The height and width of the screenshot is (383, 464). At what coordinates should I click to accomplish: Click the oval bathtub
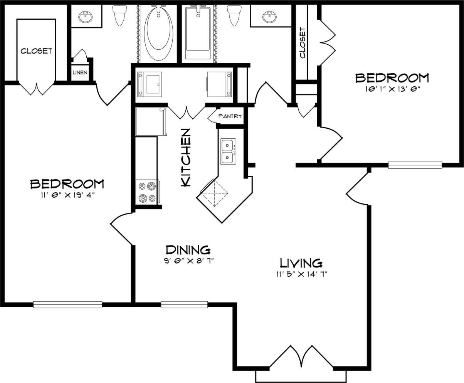(158, 33)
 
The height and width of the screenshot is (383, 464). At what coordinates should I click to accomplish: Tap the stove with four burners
(147, 192)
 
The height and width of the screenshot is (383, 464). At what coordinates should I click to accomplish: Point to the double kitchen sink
(228, 151)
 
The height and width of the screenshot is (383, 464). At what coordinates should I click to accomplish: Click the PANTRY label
(230, 116)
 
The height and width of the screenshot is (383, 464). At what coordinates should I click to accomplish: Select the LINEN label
(80, 72)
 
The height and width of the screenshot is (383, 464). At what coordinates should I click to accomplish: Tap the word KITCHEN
(186, 158)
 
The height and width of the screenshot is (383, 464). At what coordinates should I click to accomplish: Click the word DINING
(188, 250)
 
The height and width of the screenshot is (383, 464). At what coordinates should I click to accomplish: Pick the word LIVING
(301, 263)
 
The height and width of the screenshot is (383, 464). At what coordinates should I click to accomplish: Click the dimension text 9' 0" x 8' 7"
(188, 261)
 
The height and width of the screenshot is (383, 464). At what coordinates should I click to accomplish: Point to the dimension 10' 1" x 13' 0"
(392, 89)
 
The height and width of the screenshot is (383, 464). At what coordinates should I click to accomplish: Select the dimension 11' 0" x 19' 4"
(67, 195)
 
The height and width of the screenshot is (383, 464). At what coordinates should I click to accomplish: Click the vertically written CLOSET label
(303, 42)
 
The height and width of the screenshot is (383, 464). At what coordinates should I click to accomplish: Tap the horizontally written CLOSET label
(36, 51)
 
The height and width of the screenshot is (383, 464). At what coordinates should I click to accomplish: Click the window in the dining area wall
(184, 304)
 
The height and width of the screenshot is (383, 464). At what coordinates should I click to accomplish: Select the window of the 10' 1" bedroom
(415, 165)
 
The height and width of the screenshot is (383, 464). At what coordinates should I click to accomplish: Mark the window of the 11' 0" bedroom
(67, 304)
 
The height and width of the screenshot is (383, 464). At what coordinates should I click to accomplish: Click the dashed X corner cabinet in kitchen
(214, 193)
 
